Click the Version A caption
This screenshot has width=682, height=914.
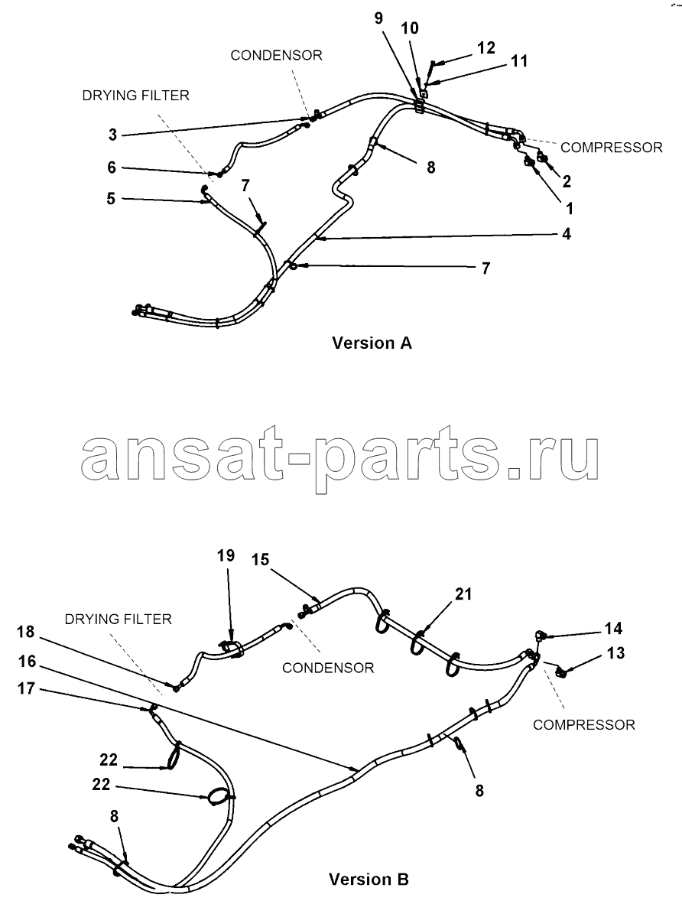pos(372,343)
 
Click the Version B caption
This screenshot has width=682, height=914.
pos(369,879)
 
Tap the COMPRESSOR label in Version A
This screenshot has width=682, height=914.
pos(612,148)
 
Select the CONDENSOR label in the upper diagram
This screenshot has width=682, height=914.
pos(276,55)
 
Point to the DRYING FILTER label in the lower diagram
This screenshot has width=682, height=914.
pos(119,619)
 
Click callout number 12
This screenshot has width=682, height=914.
pos(486,47)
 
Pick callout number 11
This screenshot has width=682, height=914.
pos(519,60)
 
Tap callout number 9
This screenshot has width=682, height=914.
pos(379,18)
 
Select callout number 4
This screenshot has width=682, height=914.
pos(567,234)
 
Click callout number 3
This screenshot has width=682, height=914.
pos(113,135)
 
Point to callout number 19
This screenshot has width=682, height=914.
pos(226,555)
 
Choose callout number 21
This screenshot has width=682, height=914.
pos(463,594)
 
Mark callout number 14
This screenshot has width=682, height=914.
pos(613,629)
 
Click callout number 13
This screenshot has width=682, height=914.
pos(615,653)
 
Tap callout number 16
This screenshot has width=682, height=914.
pos(28,662)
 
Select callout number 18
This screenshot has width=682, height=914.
pos(26,632)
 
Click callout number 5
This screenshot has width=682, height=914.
pos(111,199)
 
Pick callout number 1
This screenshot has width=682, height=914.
pos(570,208)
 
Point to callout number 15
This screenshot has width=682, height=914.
pos(261,560)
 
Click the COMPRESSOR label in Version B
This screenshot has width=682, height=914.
pos(584,724)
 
